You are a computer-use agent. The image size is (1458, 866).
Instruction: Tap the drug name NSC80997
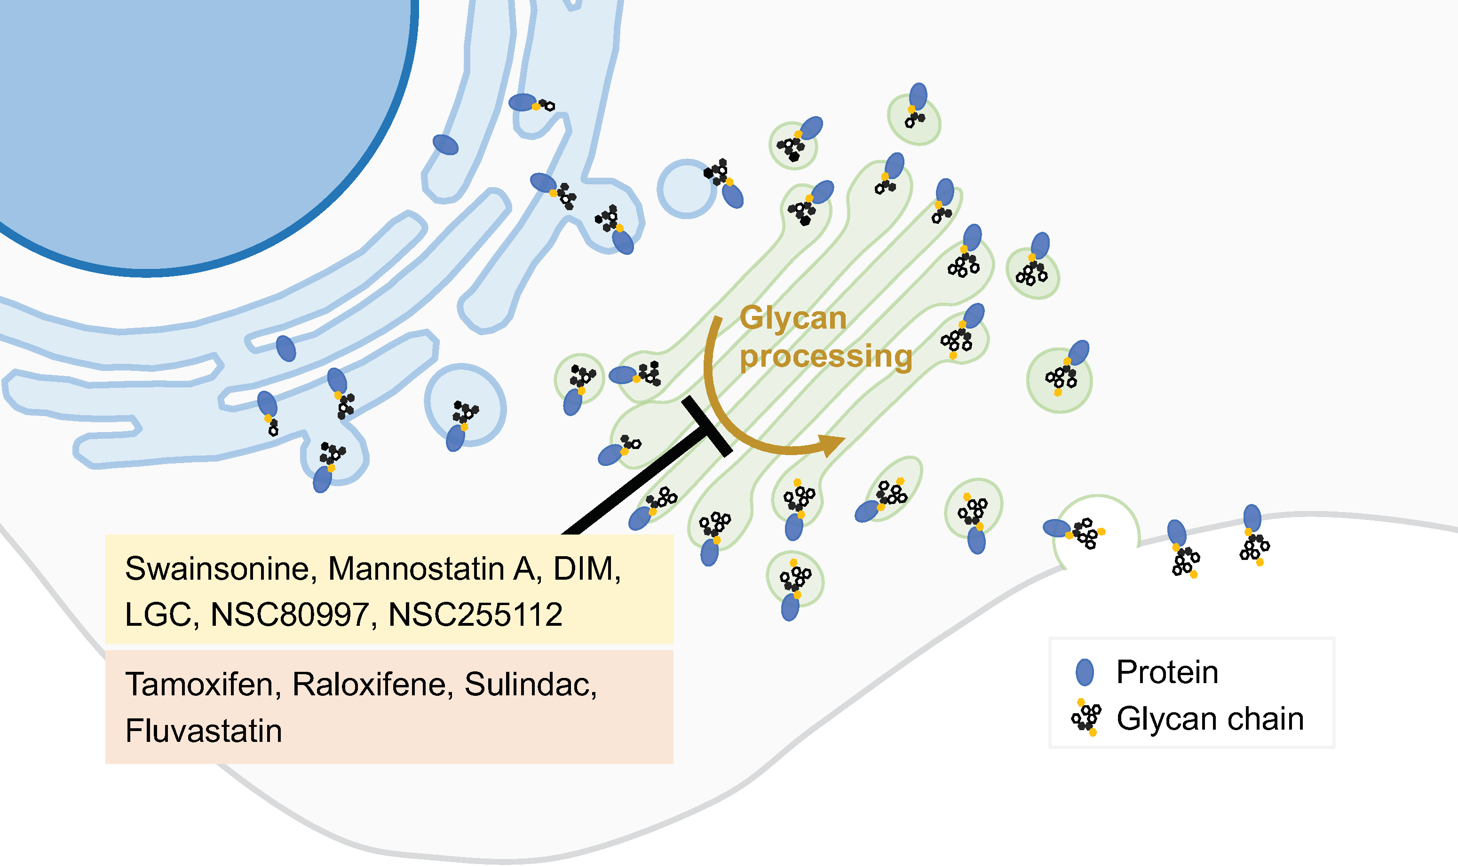click(290, 615)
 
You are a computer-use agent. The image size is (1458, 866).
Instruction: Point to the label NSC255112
click(475, 615)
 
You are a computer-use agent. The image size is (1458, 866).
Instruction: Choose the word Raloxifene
click(372, 685)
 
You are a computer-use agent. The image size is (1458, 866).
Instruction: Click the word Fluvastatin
click(203, 731)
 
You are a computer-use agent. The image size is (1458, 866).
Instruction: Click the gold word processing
click(825, 357)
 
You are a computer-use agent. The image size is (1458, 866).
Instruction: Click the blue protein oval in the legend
click(1085, 672)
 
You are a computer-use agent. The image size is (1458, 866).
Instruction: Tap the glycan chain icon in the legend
click(1086, 718)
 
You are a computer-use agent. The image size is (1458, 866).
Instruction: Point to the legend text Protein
click(1167, 672)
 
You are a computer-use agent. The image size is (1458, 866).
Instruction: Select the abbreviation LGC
click(159, 615)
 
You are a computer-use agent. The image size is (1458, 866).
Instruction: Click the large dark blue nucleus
click(193, 117)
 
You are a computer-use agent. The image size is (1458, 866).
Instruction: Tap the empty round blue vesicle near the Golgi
click(687, 189)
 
